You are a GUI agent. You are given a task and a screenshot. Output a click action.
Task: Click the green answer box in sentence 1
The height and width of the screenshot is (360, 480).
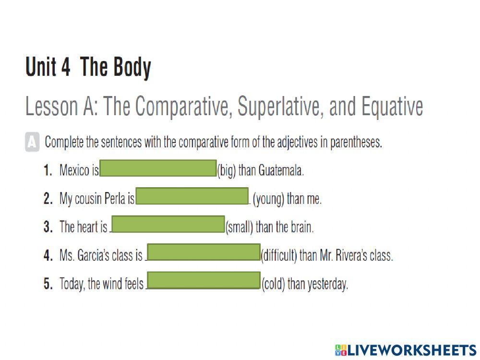[x=158, y=168]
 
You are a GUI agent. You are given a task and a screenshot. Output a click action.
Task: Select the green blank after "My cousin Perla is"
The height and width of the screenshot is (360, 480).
[x=192, y=196]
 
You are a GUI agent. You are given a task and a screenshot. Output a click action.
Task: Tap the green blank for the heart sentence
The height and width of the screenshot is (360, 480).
[x=168, y=224]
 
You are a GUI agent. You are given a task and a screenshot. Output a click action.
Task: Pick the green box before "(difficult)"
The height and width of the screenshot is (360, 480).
[x=204, y=252]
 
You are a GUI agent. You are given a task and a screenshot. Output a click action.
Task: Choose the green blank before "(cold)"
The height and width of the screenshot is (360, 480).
[x=204, y=280]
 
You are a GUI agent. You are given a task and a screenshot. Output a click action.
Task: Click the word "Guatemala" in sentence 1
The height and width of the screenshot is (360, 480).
[x=281, y=170]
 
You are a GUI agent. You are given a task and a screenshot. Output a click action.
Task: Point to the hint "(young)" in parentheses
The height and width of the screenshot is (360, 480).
[x=268, y=199]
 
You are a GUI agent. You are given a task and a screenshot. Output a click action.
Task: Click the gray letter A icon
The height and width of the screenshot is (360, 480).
[x=32, y=142]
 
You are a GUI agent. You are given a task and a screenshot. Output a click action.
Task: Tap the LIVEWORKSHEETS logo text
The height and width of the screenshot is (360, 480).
[x=406, y=350]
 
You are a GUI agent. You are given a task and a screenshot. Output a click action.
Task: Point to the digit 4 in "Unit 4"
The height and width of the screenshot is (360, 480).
[x=65, y=66]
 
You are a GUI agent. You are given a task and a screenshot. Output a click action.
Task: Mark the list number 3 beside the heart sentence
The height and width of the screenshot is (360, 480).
[x=48, y=227]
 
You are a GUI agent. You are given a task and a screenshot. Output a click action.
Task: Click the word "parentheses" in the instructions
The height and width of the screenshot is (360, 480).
[x=356, y=143]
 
